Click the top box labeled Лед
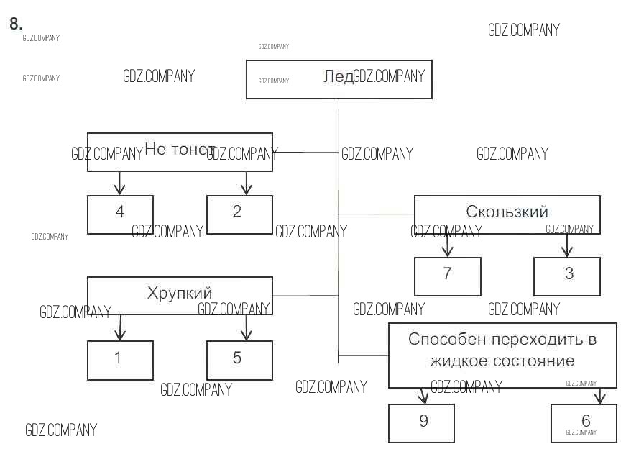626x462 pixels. [x=339, y=79]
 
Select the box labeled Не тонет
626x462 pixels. [x=180, y=152]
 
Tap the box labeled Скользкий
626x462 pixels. [x=507, y=214]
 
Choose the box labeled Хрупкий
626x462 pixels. [x=180, y=295]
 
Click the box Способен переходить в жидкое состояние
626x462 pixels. [x=502, y=355]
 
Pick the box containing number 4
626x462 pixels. [x=120, y=214]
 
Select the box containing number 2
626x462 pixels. [x=239, y=214]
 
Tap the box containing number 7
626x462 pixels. [x=447, y=276]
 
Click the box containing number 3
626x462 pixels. [x=566, y=276]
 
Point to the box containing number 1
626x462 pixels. [x=120, y=360]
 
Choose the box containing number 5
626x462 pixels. [x=239, y=360]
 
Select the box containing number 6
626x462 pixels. [x=584, y=423]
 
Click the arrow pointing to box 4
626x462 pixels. [x=120, y=184]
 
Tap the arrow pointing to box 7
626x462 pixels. [x=447, y=245]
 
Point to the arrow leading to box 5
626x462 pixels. [x=247, y=327]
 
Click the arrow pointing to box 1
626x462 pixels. [x=120, y=327]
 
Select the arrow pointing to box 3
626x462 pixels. [x=566, y=245]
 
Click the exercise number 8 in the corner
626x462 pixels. [x=16, y=23]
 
